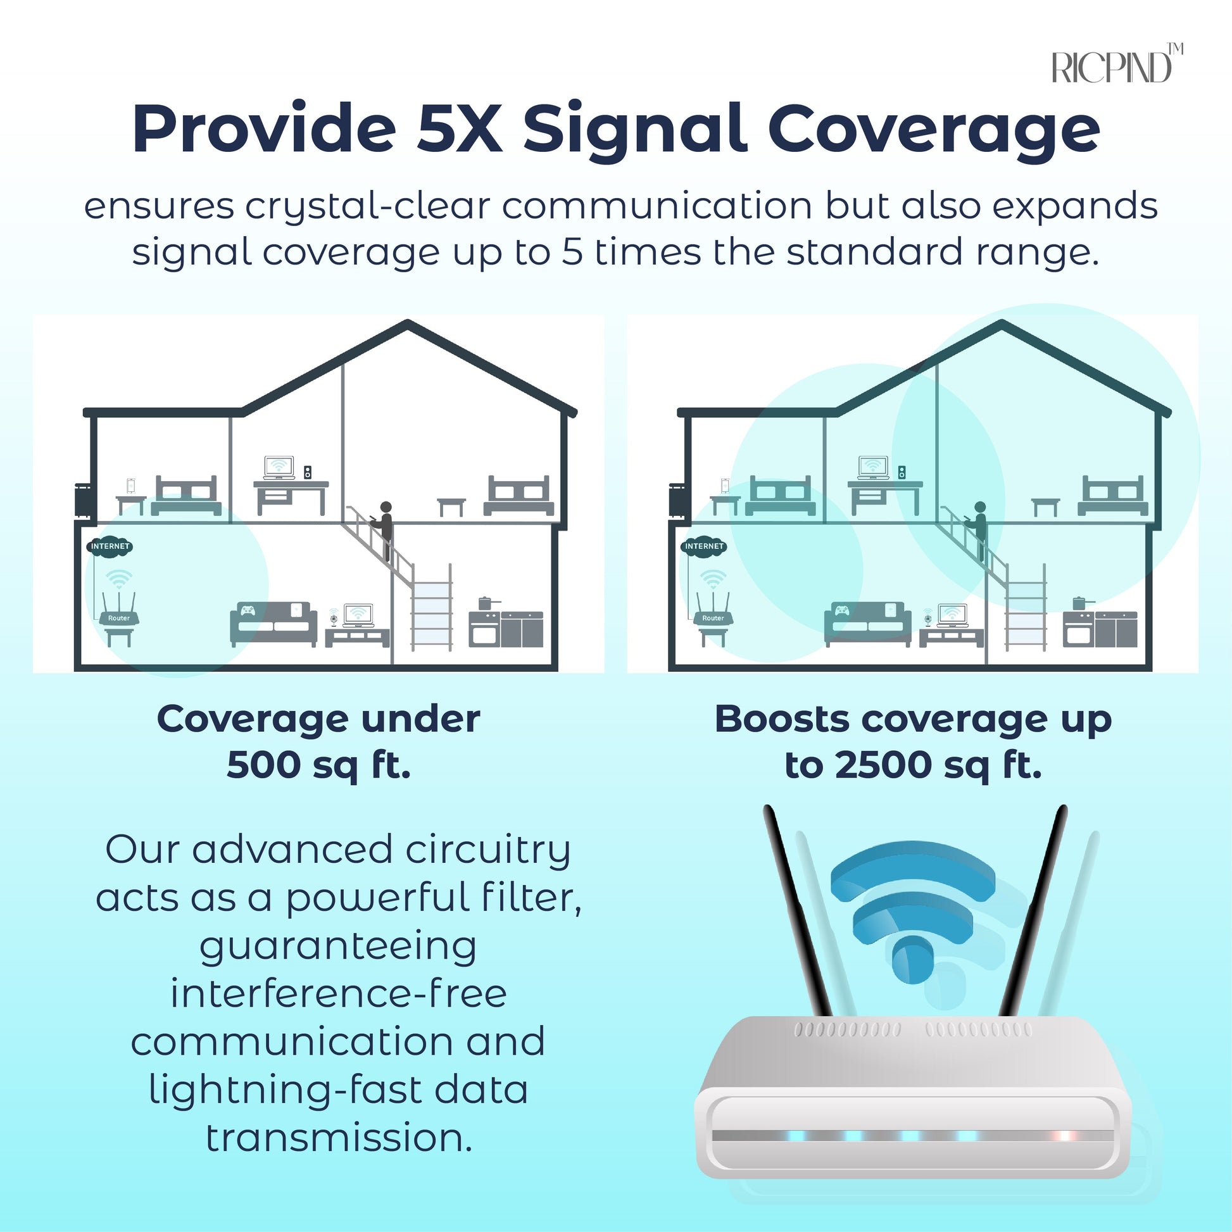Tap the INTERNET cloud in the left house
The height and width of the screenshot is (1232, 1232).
110,546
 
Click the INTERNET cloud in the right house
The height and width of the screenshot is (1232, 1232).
704,546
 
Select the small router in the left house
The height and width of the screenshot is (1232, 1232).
119,610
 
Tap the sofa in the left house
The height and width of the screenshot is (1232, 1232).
273,624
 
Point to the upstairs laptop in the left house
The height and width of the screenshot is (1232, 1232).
279,467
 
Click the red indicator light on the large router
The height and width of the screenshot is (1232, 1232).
1064,1136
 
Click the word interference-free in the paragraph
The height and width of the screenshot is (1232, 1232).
339,994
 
